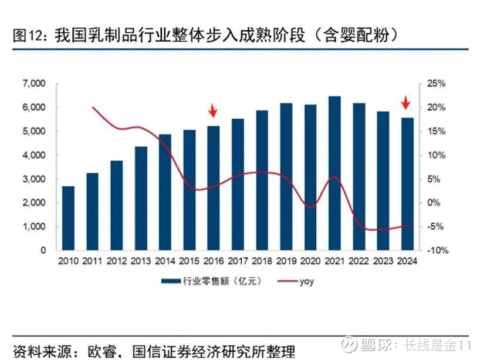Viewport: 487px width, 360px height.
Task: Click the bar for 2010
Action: point(68,218)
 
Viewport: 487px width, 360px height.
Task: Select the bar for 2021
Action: point(334,173)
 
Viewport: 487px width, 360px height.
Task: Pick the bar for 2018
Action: point(262,180)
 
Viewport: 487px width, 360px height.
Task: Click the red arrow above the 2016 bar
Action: point(214,110)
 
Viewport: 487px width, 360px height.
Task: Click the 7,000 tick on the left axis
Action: point(33,84)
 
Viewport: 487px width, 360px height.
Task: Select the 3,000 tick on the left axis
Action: point(33,179)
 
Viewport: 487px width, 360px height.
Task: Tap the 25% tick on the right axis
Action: point(437,84)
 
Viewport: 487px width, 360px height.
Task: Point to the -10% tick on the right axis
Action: point(437,250)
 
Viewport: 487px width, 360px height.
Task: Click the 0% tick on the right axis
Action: point(435,203)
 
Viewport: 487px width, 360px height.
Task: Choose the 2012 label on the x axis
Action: point(116,262)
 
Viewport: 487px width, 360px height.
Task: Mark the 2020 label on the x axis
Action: point(310,262)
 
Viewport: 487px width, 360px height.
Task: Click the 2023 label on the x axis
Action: point(383,262)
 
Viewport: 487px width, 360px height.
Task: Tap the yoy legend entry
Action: point(306,281)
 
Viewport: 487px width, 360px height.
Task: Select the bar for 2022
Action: point(359,177)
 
